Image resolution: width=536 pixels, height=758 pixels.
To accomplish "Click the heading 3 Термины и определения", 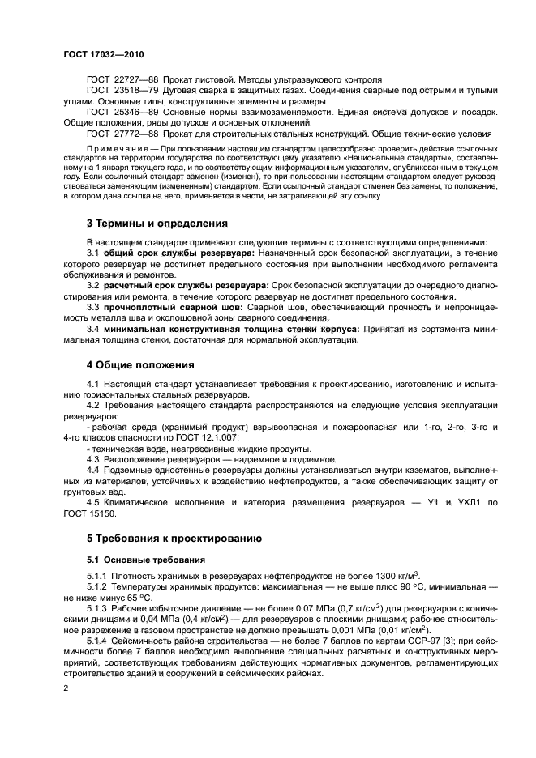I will (x=157, y=224).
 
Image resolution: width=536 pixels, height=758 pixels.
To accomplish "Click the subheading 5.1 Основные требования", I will (x=143, y=560).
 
